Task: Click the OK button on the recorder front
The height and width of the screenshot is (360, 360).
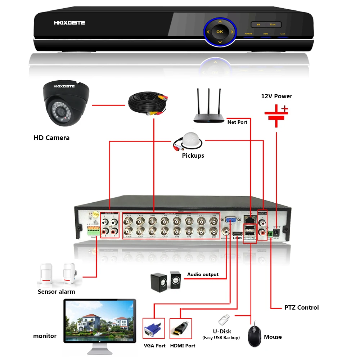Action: click(x=220, y=32)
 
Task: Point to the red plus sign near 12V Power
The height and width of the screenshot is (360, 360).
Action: click(x=285, y=108)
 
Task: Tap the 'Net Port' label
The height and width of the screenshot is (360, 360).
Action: click(x=237, y=122)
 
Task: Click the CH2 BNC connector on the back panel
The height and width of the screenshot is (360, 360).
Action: click(x=213, y=231)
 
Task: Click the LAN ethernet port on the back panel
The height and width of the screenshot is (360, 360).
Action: click(x=249, y=218)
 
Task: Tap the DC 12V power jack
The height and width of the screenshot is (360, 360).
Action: click(x=276, y=231)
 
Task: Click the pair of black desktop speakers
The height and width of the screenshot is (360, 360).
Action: click(x=166, y=281)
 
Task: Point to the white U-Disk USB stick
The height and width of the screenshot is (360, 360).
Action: click(x=223, y=319)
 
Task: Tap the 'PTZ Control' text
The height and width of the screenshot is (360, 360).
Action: click(x=301, y=307)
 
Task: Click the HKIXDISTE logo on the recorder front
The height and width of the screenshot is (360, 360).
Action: click(x=69, y=23)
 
